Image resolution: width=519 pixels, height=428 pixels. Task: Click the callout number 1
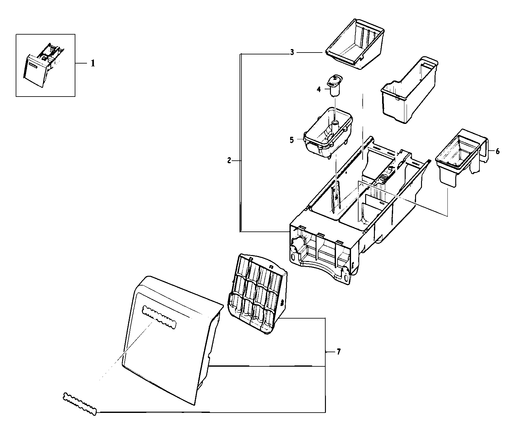click(x=92, y=64)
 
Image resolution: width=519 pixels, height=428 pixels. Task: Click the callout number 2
click(x=229, y=161)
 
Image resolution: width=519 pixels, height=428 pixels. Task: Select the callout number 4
click(x=319, y=89)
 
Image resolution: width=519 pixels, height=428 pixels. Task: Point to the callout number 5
click(x=292, y=140)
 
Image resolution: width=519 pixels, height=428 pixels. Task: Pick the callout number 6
click(x=497, y=151)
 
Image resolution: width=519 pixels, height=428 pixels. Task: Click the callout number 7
click(x=338, y=352)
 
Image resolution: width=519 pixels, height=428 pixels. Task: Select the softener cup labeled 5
click(x=328, y=132)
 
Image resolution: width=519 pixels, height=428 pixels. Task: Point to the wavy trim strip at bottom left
click(x=80, y=404)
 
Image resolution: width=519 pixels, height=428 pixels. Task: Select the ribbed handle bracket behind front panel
click(x=256, y=294)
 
